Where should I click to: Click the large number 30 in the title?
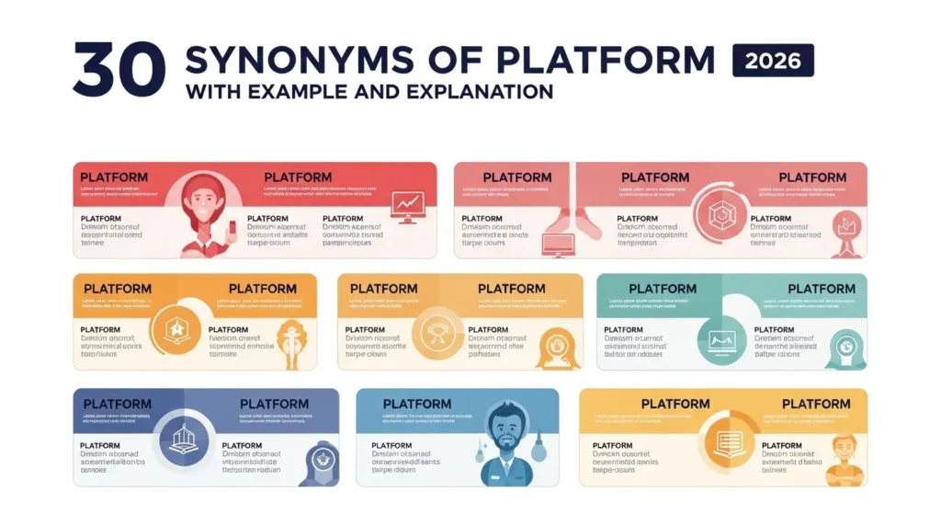[x=120, y=70]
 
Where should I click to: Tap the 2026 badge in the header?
[x=773, y=62]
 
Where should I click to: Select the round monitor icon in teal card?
[x=720, y=338]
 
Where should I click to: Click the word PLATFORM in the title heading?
[x=604, y=61]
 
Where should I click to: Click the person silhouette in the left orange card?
[x=294, y=340]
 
